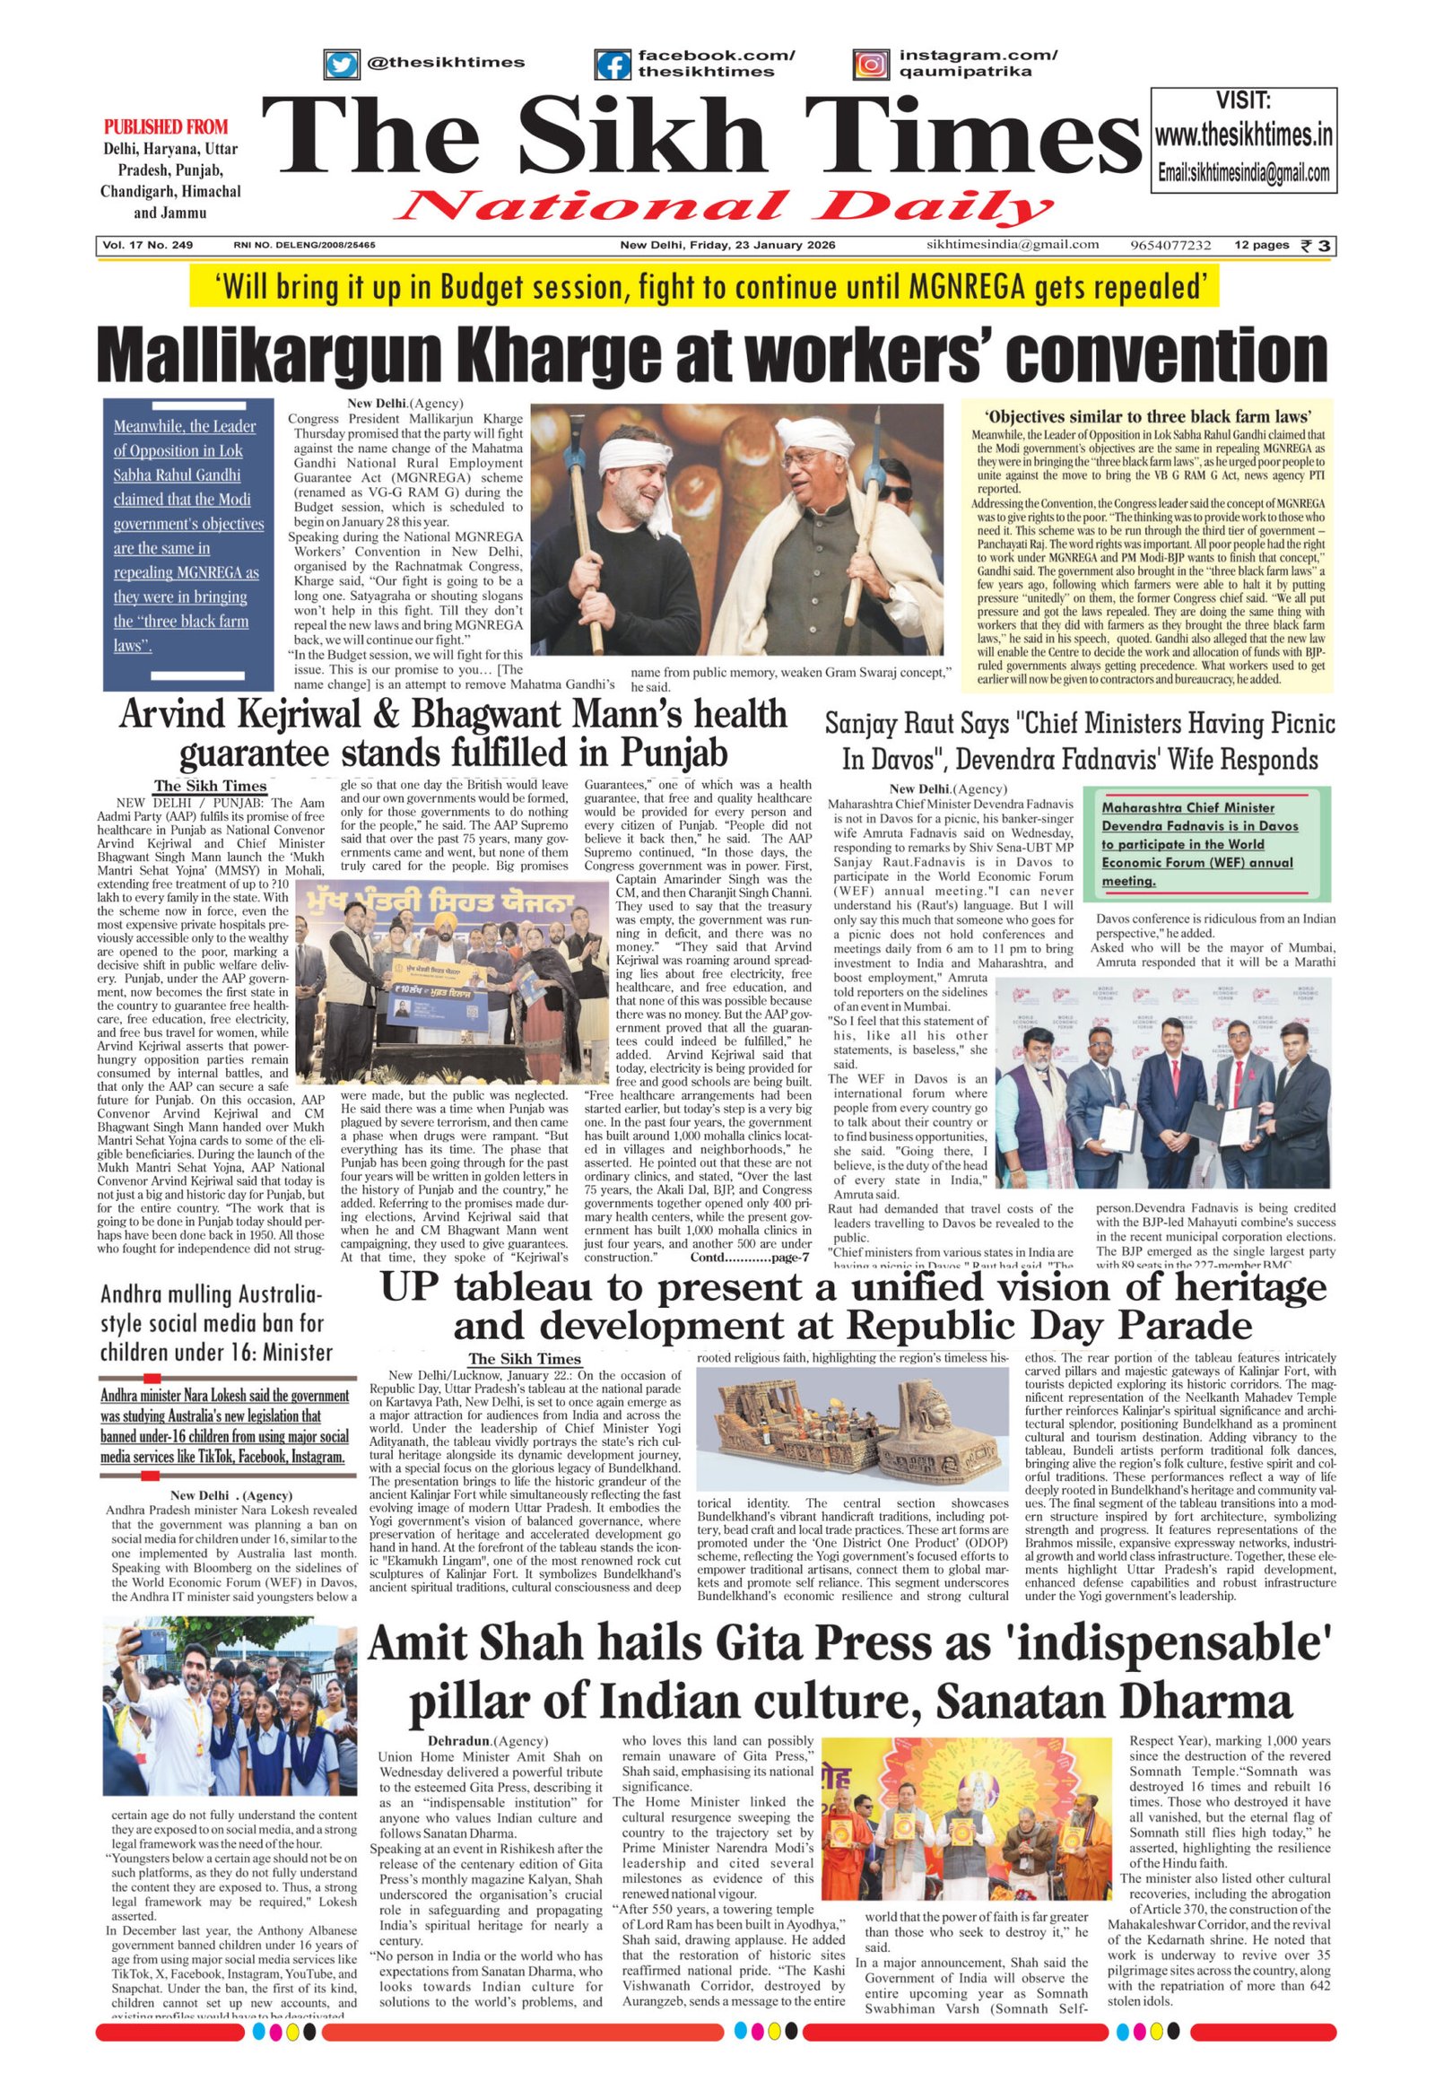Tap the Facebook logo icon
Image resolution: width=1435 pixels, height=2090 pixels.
(x=613, y=65)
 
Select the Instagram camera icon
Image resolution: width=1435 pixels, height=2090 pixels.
(x=870, y=65)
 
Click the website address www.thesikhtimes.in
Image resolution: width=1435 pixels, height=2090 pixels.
(x=1243, y=135)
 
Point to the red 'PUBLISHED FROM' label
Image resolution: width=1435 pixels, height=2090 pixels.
(x=166, y=126)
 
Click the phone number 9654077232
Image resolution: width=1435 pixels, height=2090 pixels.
(x=1170, y=246)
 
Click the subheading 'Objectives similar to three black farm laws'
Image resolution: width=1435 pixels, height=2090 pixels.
(x=1146, y=416)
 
